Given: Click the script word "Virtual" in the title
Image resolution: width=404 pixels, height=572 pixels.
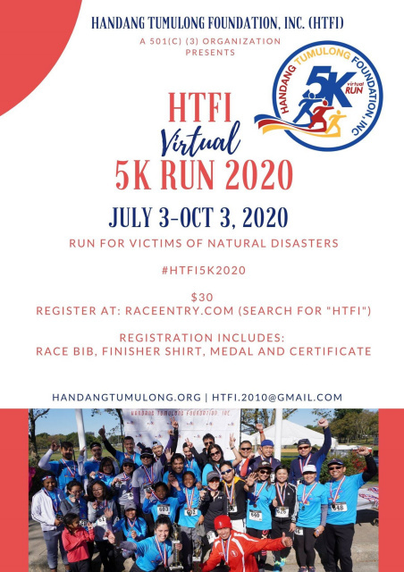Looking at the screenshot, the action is [x=200, y=139].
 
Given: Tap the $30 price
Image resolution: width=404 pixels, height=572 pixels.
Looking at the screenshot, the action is [x=202, y=298].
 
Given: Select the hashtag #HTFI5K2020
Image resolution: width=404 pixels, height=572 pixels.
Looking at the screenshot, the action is [x=204, y=271].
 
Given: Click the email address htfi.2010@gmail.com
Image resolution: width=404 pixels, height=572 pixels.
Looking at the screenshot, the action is [x=277, y=397].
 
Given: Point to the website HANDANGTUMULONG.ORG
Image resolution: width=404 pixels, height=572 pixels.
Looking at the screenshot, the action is [x=127, y=397].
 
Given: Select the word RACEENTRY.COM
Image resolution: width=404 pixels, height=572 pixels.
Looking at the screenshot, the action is [x=179, y=311].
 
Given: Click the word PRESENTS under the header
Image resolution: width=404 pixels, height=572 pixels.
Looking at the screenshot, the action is [x=210, y=53].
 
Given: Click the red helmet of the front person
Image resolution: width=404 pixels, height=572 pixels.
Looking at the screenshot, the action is [x=223, y=522].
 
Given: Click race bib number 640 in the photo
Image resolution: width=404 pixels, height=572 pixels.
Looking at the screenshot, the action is [x=256, y=515].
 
